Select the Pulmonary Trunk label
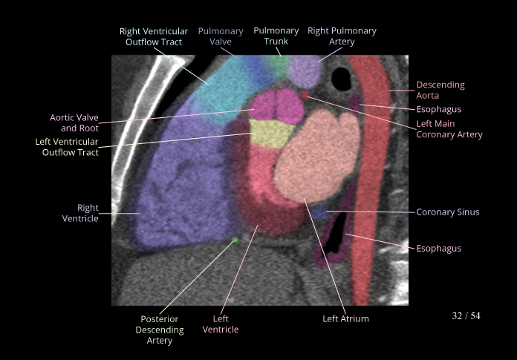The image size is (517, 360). point(276,36)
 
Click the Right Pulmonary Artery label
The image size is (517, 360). point(342,36)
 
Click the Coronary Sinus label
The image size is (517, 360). point(447,212)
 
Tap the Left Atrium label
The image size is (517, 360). point(345,319)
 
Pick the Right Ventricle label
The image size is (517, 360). point(88,213)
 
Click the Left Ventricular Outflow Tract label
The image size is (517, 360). point(67,147)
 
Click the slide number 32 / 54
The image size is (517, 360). point(466,316)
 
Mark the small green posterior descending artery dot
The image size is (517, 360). point(235,240)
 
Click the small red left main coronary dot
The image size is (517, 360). point(305,96)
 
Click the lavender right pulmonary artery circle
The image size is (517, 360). point(305,71)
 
